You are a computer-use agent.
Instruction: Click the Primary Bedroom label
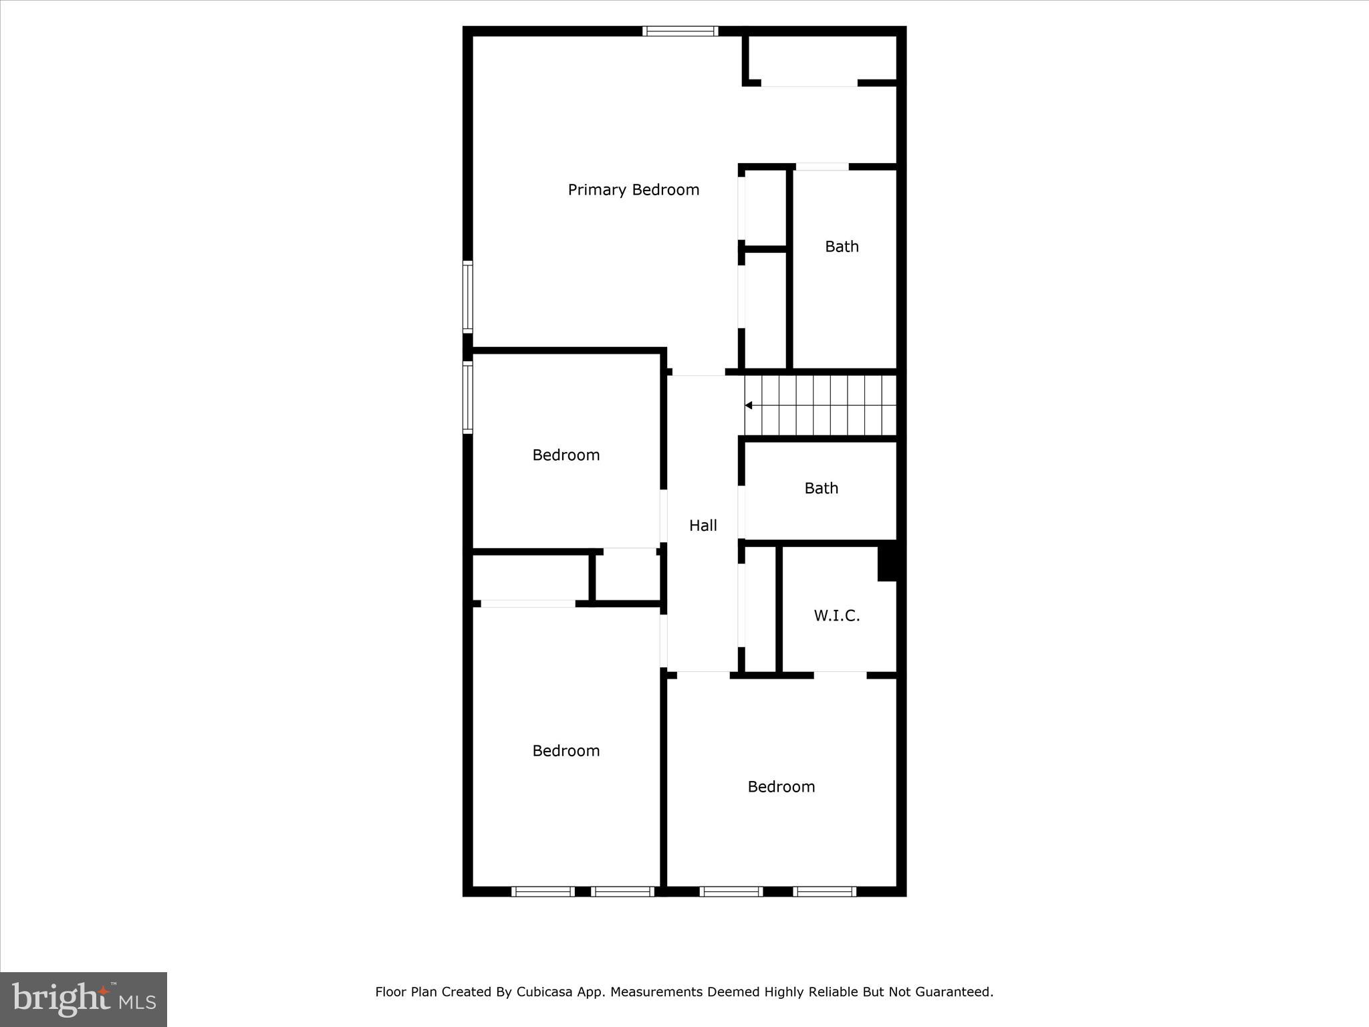(633, 190)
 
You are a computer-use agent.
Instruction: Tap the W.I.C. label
(836, 616)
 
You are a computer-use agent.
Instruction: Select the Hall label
(703, 526)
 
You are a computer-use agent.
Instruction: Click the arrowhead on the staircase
(749, 405)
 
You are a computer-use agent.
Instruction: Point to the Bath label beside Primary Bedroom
(842, 247)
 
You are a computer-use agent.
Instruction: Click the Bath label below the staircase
(821, 489)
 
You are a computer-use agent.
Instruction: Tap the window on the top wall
(680, 31)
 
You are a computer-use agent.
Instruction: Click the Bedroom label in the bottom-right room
(781, 787)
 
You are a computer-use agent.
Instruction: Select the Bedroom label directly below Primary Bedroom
(566, 455)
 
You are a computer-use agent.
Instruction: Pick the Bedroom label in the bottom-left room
(566, 751)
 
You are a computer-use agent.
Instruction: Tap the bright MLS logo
(84, 999)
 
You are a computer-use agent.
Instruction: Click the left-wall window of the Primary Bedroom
(468, 297)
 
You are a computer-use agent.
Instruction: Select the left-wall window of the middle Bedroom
(468, 398)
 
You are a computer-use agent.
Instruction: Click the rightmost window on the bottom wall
(824, 891)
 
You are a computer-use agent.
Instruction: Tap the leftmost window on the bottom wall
(543, 891)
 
